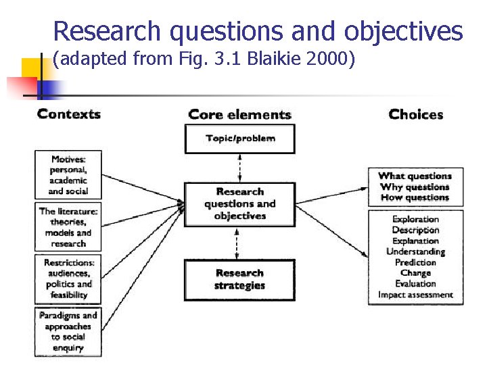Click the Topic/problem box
pyautogui.click(x=240, y=139)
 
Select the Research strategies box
pyautogui.click(x=240, y=279)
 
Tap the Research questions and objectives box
pyautogui.click(x=240, y=204)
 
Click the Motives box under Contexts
pyautogui.click(x=68, y=174)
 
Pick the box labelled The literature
pyautogui.click(x=68, y=226)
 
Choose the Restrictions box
pyautogui.click(x=68, y=278)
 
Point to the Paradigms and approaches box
pyautogui.click(x=68, y=331)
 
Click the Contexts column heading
pyautogui.click(x=68, y=114)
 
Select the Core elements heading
pyautogui.click(x=239, y=114)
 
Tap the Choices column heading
pyautogui.click(x=415, y=114)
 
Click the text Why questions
pyautogui.click(x=415, y=187)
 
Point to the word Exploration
pyautogui.click(x=415, y=219)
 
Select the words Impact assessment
pyautogui.click(x=415, y=295)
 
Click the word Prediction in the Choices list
pyautogui.click(x=415, y=262)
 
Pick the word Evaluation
pyautogui.click(x=415, y=284)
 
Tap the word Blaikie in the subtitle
pyautogui.click(x=272, y=59)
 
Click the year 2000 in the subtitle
pyautogui.click(x=330, y=59)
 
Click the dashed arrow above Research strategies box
pyautogui.click(x=237, y=243)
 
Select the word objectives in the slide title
pyautogui.click(x=403, y=31)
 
